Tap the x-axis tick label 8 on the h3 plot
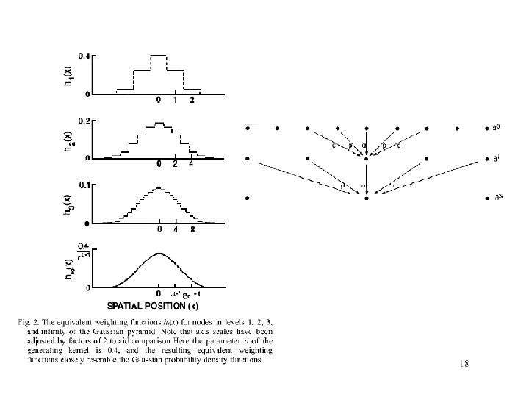[x=192, y=229]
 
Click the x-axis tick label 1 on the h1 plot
[x=175, y=101]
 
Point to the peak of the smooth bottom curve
[x=159, y=253]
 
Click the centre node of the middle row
[x=366, y=158]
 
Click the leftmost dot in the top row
[x=248, y=128]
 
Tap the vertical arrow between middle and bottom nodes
[x=366, y=177]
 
